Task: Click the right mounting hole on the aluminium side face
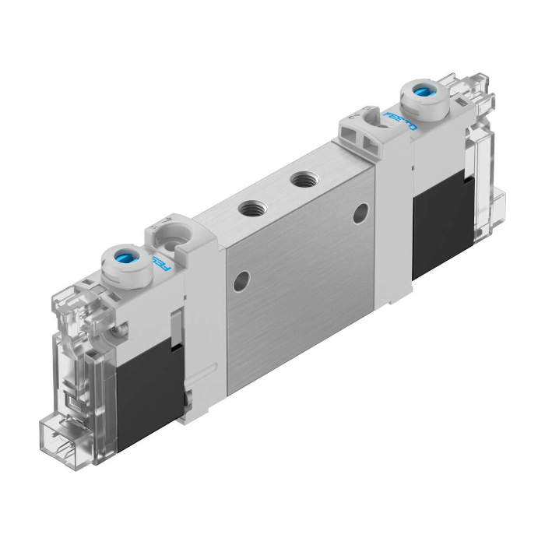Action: [x=360, y=213]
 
